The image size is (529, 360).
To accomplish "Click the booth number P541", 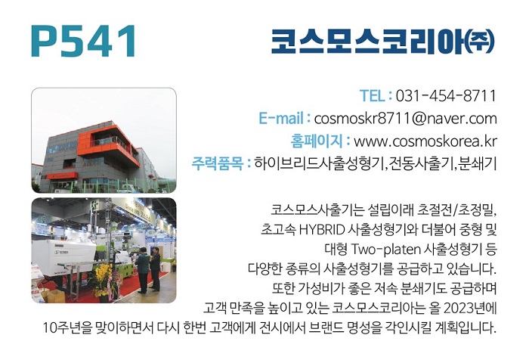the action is tap(83, 41).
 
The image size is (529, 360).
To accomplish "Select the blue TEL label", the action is tap(372, 95).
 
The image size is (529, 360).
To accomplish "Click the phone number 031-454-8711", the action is tap(446, 95).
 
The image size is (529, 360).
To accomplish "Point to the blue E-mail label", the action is tap(280, 118).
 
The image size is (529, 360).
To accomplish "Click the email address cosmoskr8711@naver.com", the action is tap(406, 119).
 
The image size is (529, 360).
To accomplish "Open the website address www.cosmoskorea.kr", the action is tap(425, 141).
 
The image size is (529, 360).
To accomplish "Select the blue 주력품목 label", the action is tap(218, 163).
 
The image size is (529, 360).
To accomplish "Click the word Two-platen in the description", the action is tap(385, 250).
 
